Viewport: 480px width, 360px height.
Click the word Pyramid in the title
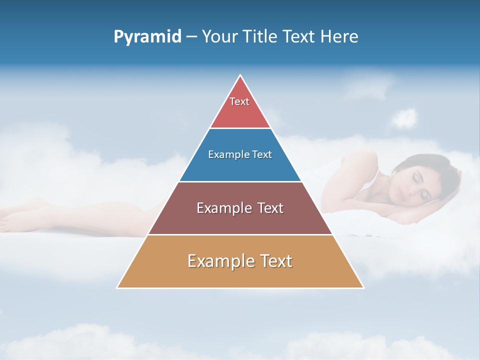[x=147, y=37]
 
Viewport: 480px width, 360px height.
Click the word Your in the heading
[x=219, y=37]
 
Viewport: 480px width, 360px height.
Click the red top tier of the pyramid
[x=240, y=112]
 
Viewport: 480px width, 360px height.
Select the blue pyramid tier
[x=240, y=167]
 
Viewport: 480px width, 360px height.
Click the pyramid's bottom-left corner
[x=118, y=287]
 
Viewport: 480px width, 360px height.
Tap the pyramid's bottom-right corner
[x=362, y=287]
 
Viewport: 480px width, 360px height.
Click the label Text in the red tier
[x=239, y=101]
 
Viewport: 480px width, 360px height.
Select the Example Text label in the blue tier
[x=240, y=154]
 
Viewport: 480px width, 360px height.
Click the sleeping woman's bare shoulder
[x=357, y=165]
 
